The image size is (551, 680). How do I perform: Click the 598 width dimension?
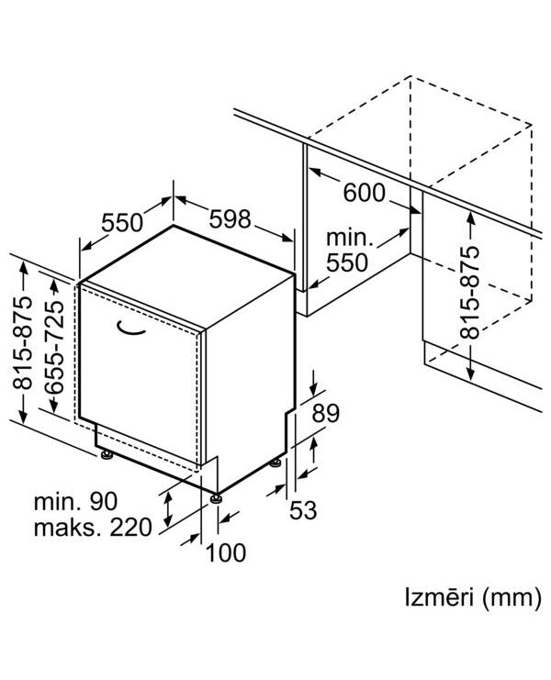(230, 219)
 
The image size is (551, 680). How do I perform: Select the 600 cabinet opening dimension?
(364, 193)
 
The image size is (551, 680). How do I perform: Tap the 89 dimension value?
(326, 413)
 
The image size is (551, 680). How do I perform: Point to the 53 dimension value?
(303, 509)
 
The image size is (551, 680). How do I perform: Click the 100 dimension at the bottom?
(226, 553)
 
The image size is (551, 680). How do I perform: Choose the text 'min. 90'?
(75, 501)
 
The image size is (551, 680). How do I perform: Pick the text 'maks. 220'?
(93, 528)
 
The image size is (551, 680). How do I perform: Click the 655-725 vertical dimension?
(54, 347)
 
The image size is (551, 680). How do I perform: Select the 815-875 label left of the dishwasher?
(23, 342)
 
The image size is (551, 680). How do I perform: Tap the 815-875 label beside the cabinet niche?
(470, 293)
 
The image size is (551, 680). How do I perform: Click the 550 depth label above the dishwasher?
(122, 223)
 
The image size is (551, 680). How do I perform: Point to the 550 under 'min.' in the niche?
(347, 262)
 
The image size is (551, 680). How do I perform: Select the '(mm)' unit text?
(512, 598)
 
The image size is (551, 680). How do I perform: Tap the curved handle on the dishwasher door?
(130, 329)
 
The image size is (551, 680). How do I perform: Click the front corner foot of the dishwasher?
(216, 498)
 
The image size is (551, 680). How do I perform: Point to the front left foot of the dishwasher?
(106, 454)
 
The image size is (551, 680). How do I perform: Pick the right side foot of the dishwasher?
(275, 463)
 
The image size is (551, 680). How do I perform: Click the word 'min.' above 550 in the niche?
(350, 238)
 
